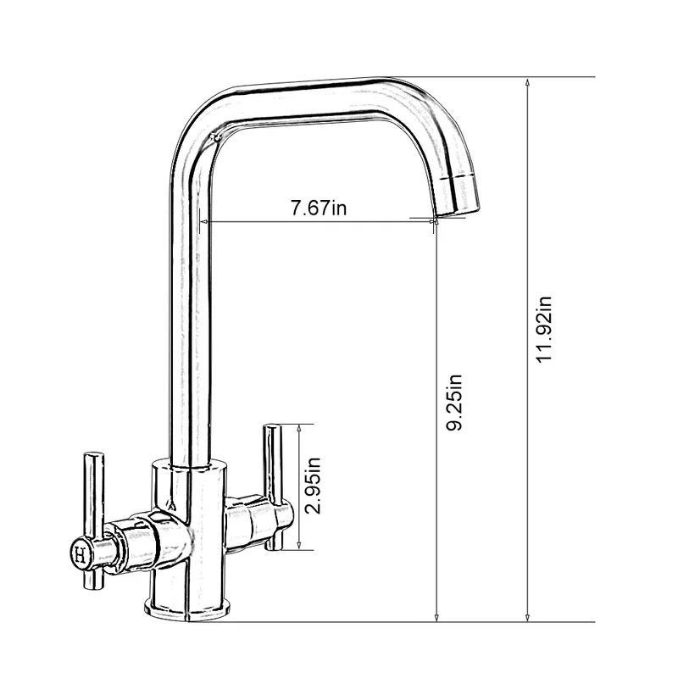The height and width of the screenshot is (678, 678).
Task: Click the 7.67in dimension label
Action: (319, 208)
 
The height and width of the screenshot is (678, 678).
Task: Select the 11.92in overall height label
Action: (545, 329)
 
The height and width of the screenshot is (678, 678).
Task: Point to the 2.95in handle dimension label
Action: (314, 486)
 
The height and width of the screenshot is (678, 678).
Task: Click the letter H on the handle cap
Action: (81, 555)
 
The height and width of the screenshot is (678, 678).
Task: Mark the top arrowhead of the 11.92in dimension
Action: (527, 82)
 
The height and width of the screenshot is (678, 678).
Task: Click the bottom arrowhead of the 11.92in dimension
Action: (527, 616)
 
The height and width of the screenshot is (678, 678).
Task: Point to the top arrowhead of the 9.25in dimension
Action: (436, 227)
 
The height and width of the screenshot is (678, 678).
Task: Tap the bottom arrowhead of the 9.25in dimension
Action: (436, 616)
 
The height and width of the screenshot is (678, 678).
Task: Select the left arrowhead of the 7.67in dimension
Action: (203, 222)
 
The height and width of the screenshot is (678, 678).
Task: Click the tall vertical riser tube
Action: (188, 322)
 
